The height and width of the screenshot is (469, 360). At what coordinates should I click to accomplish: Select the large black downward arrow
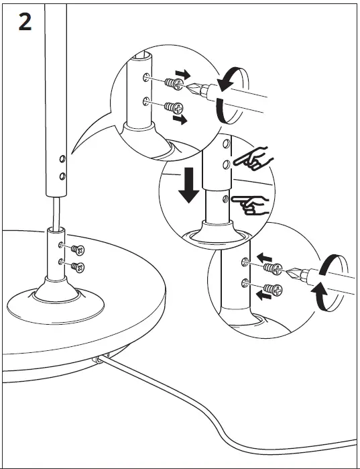[190, 183]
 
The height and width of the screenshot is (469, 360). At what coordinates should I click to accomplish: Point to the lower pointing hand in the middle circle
[251, 204]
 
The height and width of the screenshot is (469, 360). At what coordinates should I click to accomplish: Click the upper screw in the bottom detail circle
[272, 268]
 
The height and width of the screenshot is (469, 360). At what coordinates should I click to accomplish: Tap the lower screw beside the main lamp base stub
[80, 268]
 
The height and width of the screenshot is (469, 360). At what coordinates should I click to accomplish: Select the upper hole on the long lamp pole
[62, 159]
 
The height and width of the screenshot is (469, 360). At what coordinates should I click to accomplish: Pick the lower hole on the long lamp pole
[62, 176]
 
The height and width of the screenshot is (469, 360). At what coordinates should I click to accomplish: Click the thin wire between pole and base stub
[53, 211]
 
